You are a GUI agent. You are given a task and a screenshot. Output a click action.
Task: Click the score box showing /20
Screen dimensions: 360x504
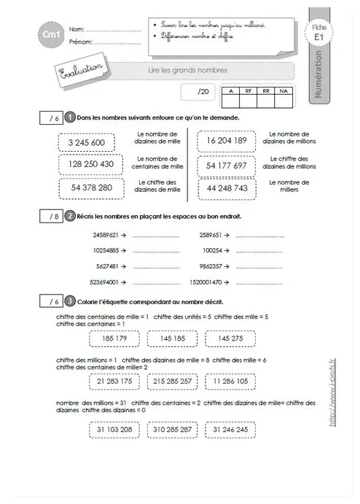point(202,91)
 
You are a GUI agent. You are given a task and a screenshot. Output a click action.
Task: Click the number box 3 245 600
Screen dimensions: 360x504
point(86,143)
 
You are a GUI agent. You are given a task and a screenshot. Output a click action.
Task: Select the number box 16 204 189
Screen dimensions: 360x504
point(226,141)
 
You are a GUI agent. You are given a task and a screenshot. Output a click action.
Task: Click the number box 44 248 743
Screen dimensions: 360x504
point(226,188)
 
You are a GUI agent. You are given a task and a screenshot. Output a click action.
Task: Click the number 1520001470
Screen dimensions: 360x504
point(207,280)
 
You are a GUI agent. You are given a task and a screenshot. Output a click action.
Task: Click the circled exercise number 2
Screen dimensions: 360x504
point(70,216)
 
